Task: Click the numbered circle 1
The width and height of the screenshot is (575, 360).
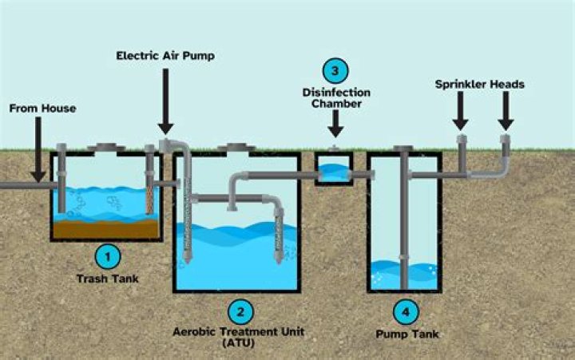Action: coord(109,256)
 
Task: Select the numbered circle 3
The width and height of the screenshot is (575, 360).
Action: coord(335,72)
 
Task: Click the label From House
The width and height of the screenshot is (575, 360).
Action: coord(42,108)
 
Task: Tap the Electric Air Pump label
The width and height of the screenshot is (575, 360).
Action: coord(165,56)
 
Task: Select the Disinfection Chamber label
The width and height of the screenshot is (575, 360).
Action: coord(335,98)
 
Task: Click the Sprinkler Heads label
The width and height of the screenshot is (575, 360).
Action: coord(480,83)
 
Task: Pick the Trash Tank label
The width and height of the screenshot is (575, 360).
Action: coord(109,279)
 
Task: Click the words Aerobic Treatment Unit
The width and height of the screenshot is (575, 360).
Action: coord(240,330)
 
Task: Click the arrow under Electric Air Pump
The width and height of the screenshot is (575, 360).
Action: coord(166,100)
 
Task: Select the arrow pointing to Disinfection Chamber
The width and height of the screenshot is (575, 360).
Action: coord(335,123)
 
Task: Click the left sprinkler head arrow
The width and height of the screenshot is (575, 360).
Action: coord(461,113)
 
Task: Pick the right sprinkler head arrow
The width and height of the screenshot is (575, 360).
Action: coord(505,113)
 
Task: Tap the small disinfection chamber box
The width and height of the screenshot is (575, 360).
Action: coord(335,168)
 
